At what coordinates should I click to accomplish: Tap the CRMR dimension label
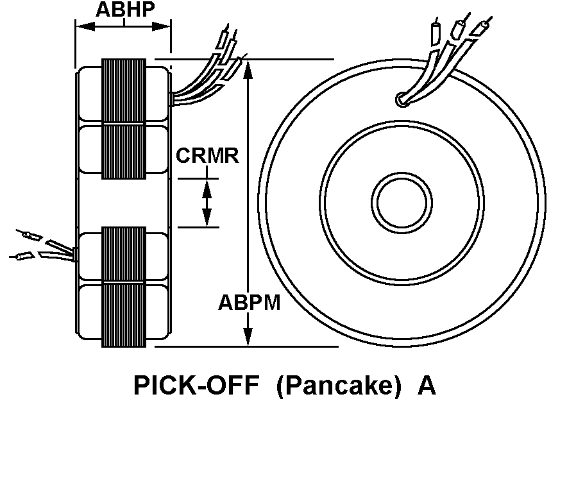click(x=207, y=155)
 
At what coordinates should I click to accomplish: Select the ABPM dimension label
click(x=250, y=302)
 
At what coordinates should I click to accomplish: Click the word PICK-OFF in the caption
click(x=196, y=386)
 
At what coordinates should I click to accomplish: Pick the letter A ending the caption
click(x=427, y=386)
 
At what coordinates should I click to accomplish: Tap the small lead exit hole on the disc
click(x=402, y=99)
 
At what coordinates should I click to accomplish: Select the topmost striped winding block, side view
click(x=124, y=91)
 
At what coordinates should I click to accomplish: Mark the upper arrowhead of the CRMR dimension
click(x=207, y=187)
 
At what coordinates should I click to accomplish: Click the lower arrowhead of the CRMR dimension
click(x=207, y=219)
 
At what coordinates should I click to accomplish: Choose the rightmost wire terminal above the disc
click(x=482, y=29)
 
